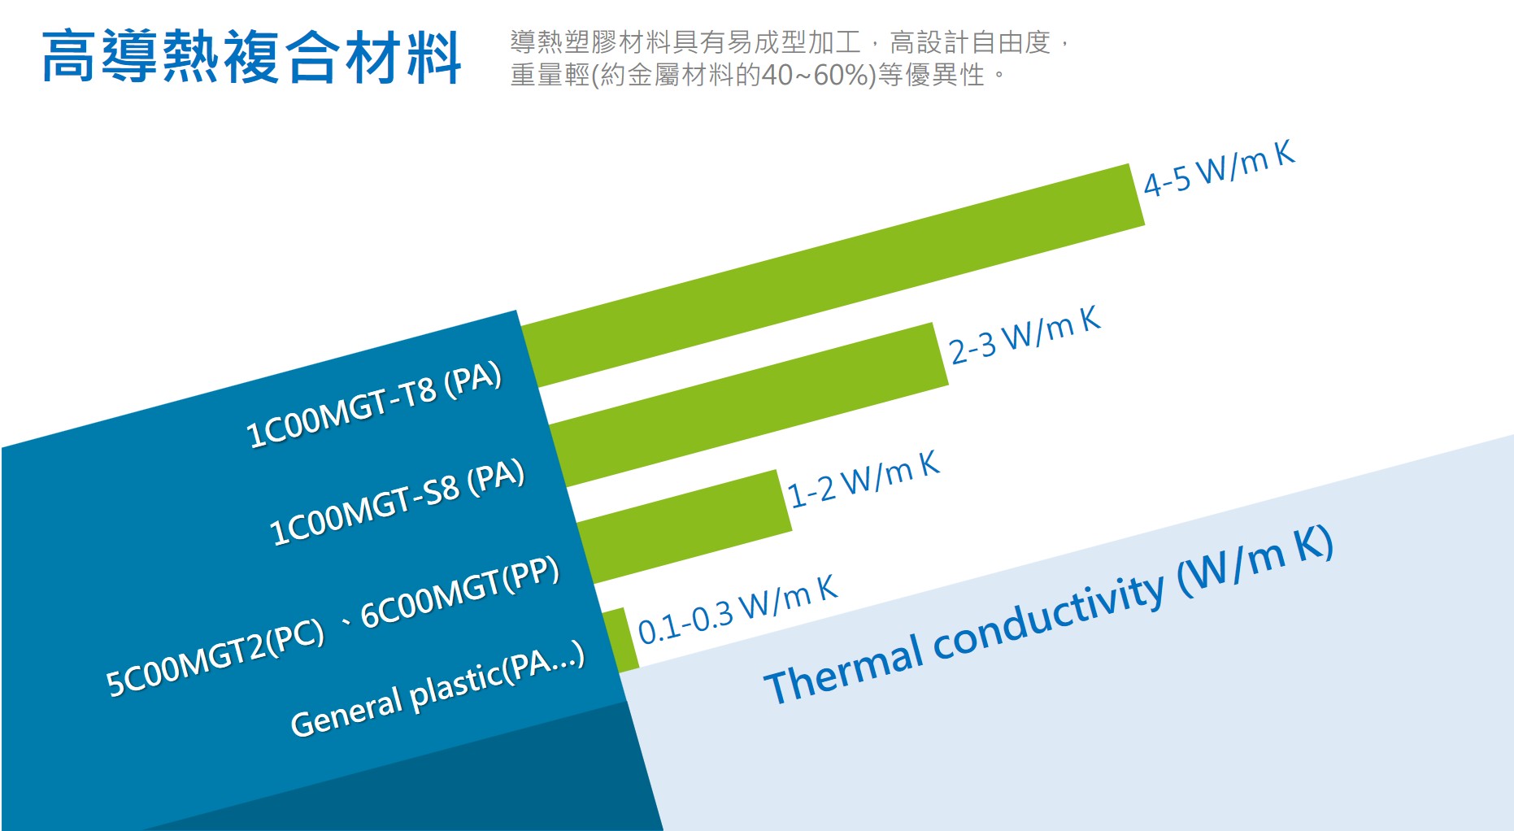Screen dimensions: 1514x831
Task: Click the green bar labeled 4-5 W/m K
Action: [833, 275]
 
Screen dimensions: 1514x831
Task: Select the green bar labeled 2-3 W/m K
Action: [748, 405]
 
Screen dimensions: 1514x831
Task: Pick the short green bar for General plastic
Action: [620, 640]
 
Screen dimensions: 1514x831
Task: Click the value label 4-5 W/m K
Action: [1219, 168]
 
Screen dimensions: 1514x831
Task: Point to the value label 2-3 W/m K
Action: [1025, 335]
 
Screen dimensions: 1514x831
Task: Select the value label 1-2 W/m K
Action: [864, 480]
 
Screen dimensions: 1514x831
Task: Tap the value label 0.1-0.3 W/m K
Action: [737, 610]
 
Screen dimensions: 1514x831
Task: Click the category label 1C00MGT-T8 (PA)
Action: [374, 405]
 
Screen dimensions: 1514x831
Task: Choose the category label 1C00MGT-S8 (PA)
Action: [397, 503]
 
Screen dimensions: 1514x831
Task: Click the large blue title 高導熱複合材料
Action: [251, 57]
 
